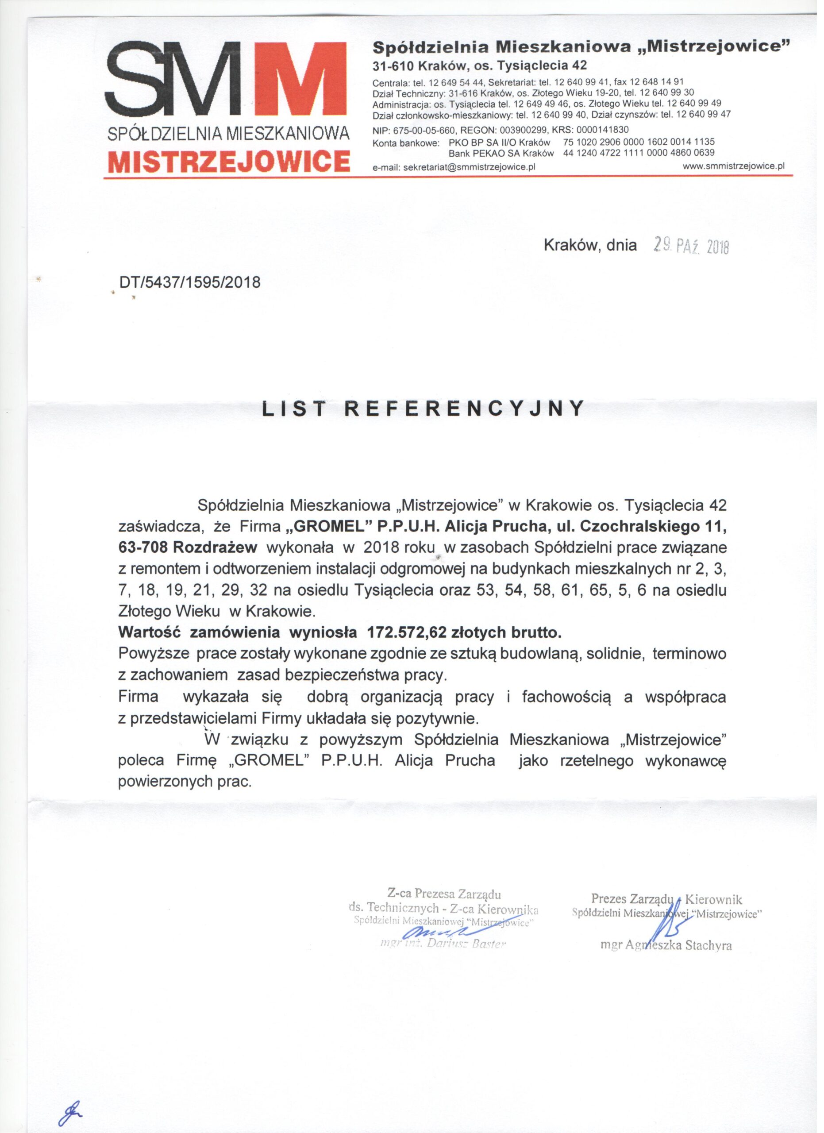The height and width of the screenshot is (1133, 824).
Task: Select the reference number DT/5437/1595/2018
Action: point(190,283)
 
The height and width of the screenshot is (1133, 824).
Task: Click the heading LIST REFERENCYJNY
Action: point(424,408)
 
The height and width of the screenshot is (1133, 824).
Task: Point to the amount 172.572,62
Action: point(407,633)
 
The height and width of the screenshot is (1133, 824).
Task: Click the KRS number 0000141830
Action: point(605,131)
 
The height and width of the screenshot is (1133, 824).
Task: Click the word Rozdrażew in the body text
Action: point(215,548)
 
